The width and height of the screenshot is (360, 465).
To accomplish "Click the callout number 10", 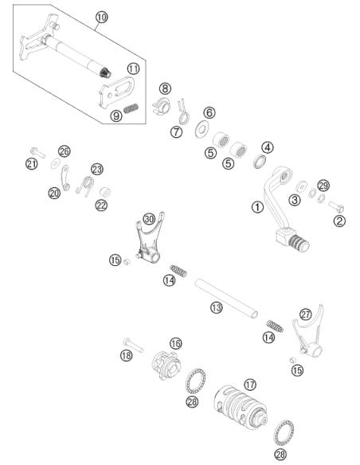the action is tap(102, 17).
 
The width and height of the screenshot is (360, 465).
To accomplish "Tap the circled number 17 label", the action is tap(250, 385).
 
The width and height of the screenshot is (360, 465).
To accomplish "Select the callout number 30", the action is tap(149, 219).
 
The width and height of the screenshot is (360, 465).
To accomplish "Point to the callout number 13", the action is tap(217, 307).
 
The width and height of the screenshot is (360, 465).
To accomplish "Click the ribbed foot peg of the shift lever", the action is tap(299, 243).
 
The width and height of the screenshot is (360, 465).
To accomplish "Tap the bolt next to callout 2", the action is tap(336, 206).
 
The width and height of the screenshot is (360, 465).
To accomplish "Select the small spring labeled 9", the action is tap(131, 108).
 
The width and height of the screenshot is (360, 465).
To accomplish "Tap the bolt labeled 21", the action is tap(37, 153).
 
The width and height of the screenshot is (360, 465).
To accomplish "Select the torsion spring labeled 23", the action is tap(85, 186).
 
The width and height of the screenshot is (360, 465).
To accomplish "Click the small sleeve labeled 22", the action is tap(105, 192).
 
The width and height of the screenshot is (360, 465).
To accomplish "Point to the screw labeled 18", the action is tap(133, 346).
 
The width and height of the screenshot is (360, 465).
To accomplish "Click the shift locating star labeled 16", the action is tap(166, 365).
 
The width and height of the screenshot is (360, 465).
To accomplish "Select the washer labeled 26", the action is tap(56, 163).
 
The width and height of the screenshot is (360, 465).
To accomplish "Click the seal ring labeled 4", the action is tap(260, 161).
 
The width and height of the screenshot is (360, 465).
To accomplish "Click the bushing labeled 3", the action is tap(302, 187).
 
